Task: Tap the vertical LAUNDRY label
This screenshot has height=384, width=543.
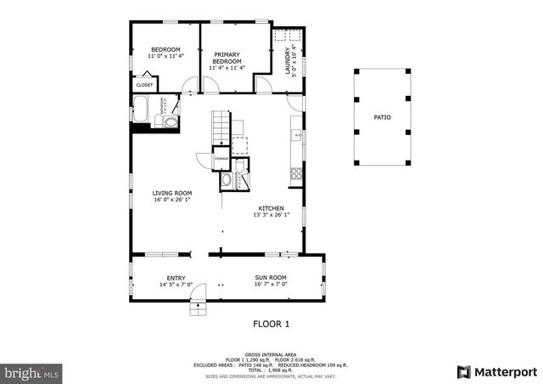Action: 287,62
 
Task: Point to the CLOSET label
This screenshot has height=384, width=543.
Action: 144,85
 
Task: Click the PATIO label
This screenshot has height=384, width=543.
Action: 383,116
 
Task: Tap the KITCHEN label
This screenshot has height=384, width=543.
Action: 271,208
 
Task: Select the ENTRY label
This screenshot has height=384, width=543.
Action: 176,278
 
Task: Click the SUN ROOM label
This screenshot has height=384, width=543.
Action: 271,278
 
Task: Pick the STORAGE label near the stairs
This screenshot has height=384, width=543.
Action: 221,159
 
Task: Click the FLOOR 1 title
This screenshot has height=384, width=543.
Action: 271,324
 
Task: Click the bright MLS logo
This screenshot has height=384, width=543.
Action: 32,372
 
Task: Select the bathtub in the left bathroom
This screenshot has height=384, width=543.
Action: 142,109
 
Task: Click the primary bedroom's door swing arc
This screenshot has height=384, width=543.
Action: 265,86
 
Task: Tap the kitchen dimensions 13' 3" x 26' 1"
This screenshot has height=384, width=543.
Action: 271,215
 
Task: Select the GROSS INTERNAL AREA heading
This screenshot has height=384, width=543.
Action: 271,354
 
